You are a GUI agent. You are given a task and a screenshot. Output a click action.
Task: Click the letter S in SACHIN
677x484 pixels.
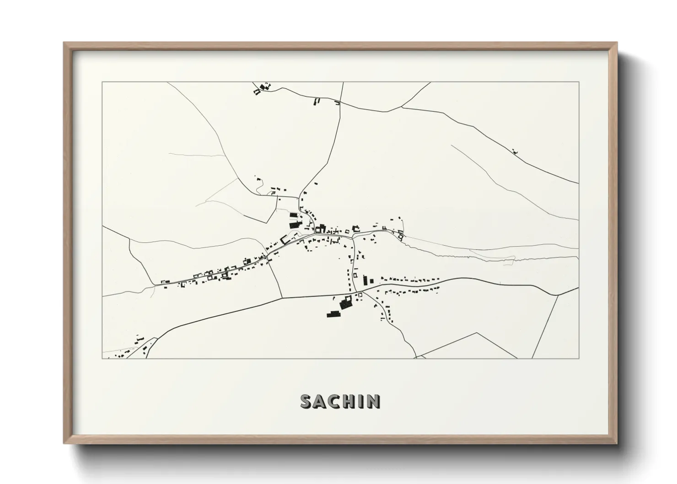(x=306, y=402)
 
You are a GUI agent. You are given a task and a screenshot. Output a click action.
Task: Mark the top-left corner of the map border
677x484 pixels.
(x=102, y=82)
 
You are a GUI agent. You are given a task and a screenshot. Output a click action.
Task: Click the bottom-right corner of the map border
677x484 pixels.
(x=579, y=358)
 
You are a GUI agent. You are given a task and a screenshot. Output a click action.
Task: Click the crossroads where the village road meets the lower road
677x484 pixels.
(x=355, y=292)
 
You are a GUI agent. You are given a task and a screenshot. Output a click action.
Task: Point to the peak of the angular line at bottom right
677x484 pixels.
(x=478, y=333)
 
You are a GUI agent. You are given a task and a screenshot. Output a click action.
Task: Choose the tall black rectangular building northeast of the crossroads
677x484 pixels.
(x=365, y=280)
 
